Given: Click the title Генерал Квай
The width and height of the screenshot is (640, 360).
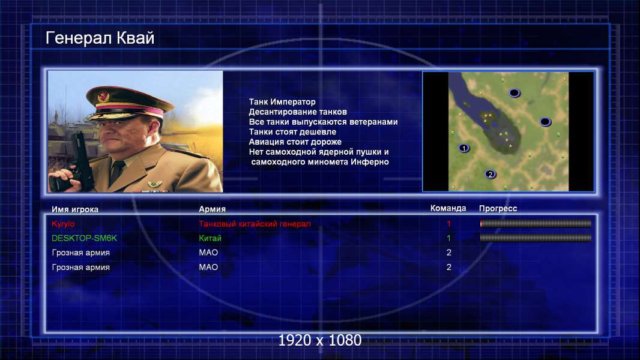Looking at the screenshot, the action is click(100, 38).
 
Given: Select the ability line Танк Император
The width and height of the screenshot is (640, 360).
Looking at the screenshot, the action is click(282, 102).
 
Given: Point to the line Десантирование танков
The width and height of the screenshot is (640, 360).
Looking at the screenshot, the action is click(298, 112).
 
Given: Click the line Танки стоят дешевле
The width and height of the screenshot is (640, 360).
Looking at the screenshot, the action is click(292, 131).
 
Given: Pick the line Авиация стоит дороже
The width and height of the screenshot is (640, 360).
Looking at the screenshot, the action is click(295, 142).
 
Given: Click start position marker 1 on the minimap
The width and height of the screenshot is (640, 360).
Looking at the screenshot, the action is click(463, 148).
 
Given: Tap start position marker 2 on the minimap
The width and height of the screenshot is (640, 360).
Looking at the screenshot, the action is click(490, 174).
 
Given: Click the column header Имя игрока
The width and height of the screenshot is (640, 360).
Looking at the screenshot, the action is click(74, 209).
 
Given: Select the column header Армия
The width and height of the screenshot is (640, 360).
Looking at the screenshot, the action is click(213, 209).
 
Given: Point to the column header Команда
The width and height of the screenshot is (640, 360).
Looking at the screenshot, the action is click(448, 208).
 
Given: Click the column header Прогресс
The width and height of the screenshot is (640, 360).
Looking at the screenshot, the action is click(498, 208).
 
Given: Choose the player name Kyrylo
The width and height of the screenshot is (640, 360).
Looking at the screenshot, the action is click(63, 224).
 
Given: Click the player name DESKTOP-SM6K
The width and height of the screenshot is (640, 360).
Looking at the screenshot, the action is click(84, 238).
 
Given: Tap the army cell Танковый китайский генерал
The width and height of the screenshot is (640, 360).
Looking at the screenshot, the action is click(255, 224).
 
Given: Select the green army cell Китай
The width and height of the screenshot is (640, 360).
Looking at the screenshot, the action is click(210, 238).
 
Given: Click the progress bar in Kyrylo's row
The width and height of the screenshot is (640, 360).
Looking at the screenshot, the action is click(536, 223).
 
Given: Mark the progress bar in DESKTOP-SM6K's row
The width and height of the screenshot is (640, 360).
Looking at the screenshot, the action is click(536, 238).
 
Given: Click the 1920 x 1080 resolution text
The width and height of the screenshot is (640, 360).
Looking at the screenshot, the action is click(320, 340).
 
